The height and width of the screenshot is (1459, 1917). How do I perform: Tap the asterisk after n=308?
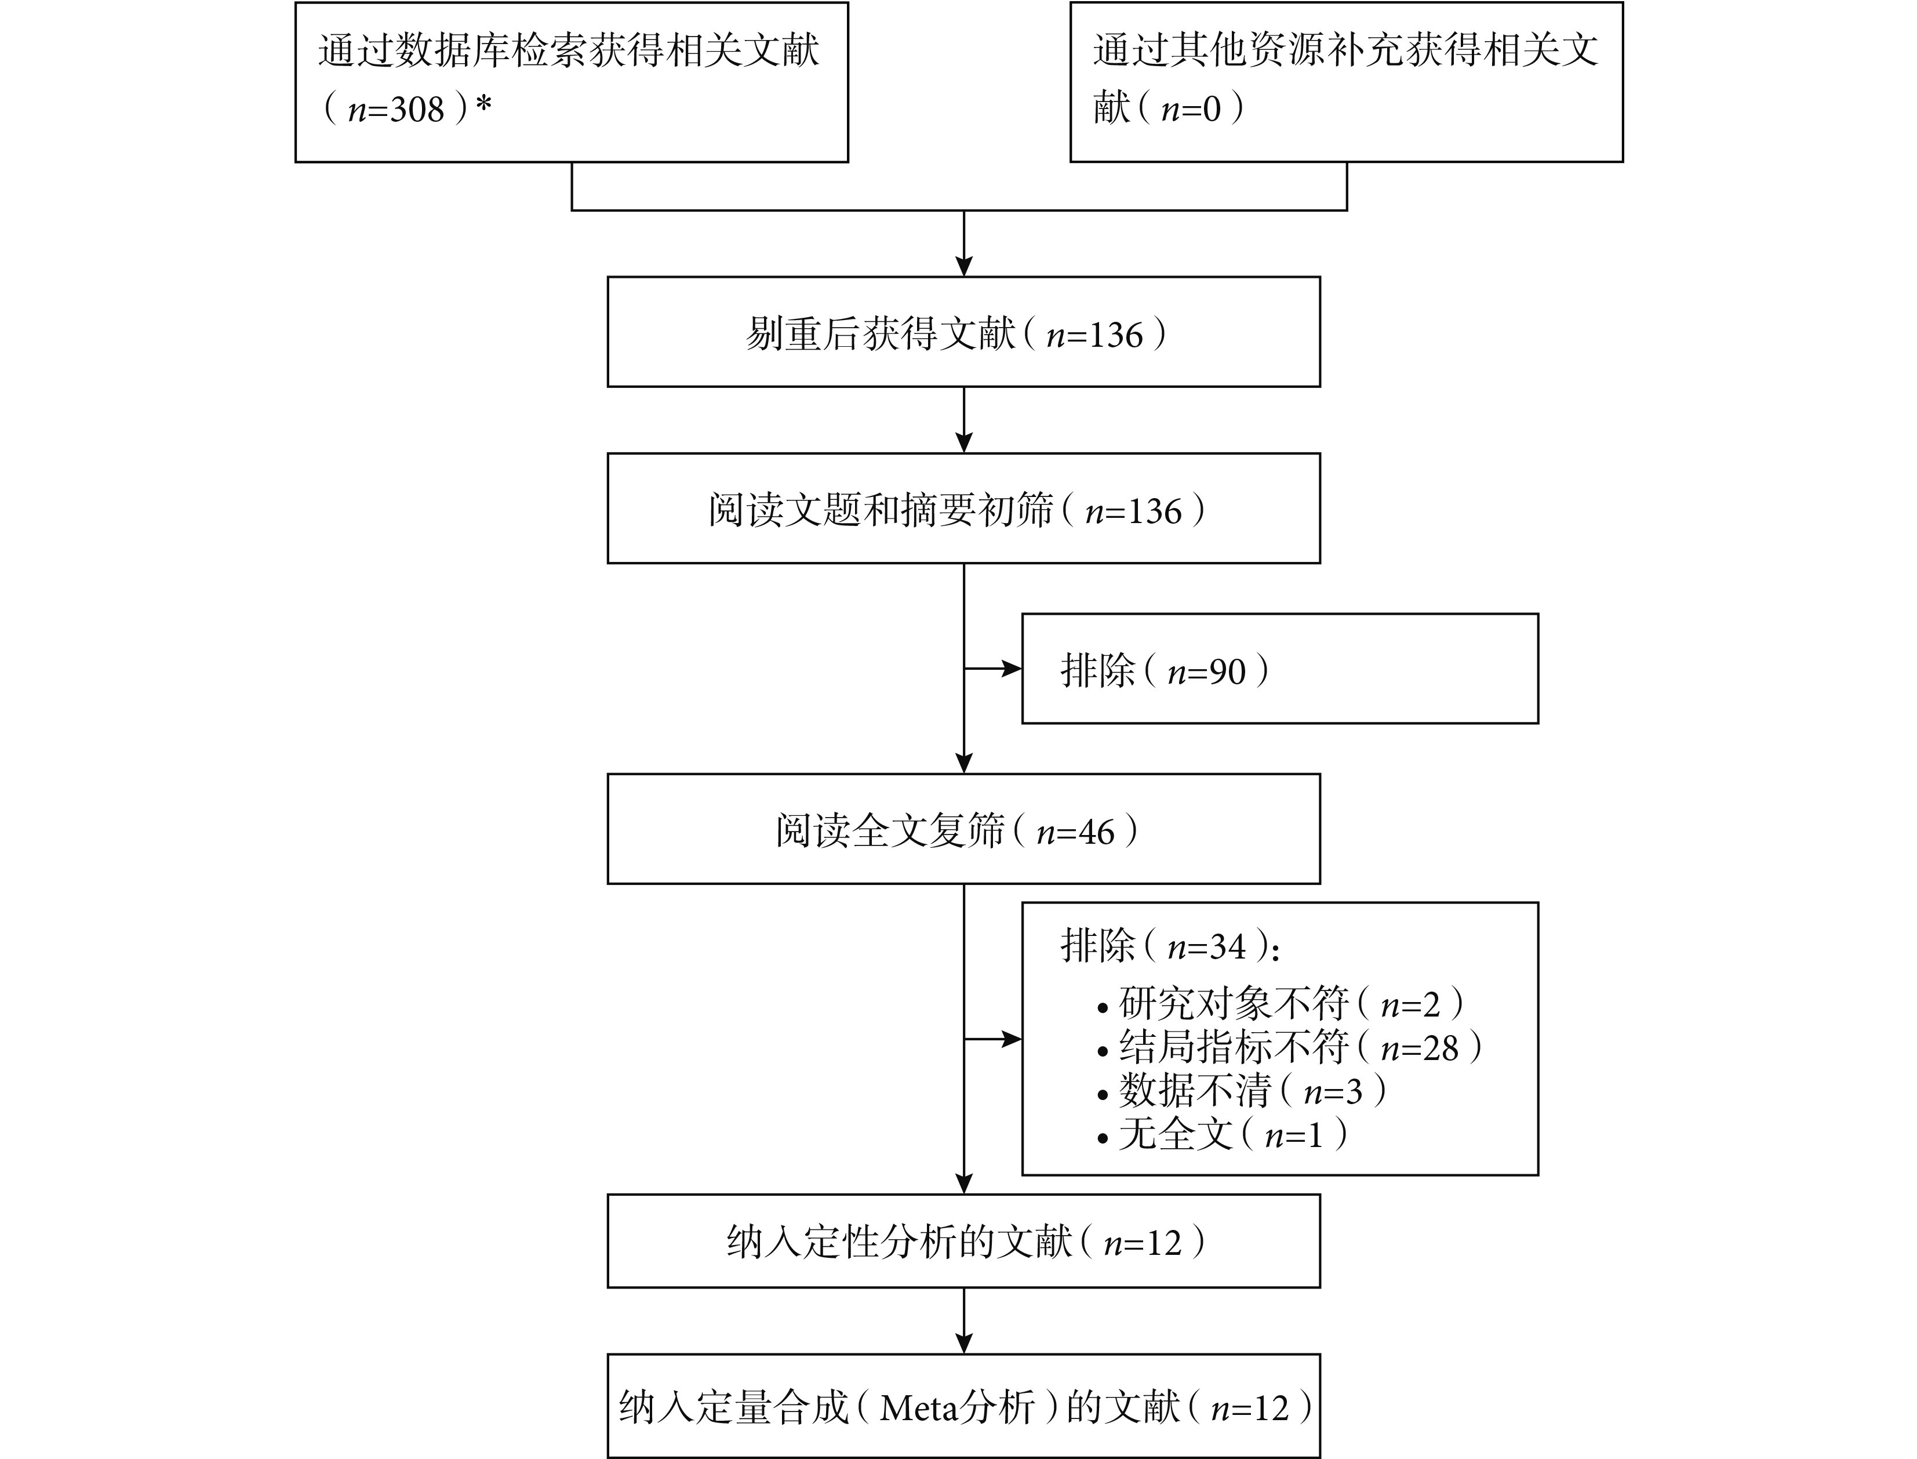[483, 105]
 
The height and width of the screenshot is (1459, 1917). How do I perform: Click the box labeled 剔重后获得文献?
[963, 332]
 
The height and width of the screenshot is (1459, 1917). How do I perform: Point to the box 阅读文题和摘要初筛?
[963, 508]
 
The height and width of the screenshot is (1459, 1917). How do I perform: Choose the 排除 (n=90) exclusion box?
[1280, 669]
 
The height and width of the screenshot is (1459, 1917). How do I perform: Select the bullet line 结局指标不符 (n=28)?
[1289, 1047]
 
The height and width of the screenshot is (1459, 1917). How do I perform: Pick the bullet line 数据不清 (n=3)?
[1242, 1091]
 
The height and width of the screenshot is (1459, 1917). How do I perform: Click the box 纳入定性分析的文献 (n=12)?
[963, 1241]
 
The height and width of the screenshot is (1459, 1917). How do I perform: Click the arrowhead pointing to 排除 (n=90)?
[1012, 669]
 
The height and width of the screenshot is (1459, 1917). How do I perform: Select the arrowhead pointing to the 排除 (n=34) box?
[1012, 1040]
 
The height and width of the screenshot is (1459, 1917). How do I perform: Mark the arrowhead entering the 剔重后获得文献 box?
[963, 266]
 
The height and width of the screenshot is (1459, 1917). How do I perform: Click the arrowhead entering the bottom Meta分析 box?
[963, 1342]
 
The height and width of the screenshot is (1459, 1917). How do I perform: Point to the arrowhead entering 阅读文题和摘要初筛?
[963, 442]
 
